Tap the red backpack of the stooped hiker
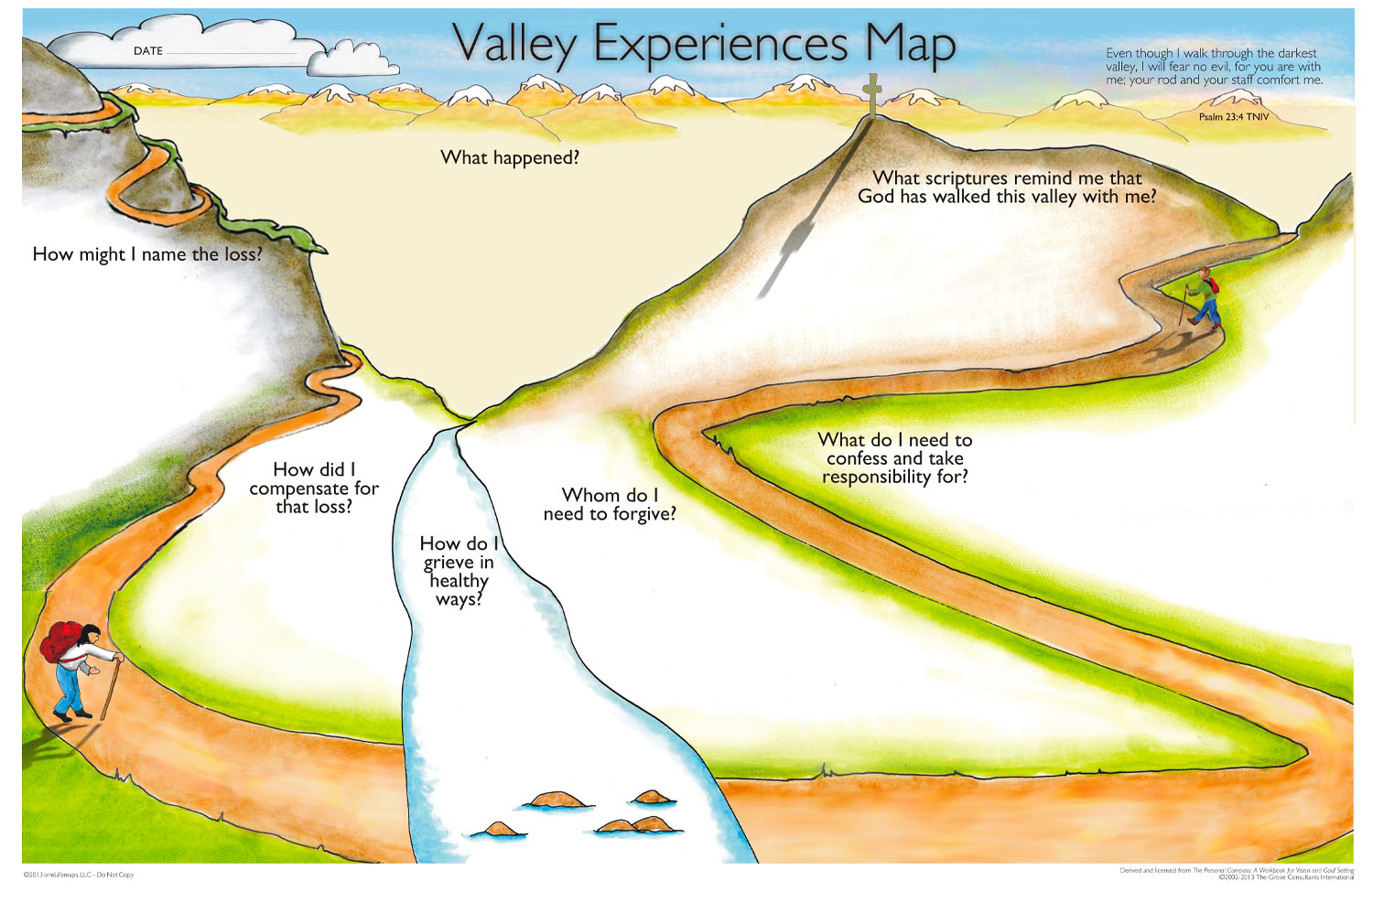click(60, 641)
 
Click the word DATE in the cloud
click(148, 51)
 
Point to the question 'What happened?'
click(510, 157)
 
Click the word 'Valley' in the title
click(515, 44)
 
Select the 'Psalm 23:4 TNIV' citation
click(1234, 117)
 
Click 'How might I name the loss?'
click(147, 254)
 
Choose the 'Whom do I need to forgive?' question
click(610, 504)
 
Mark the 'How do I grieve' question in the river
click(459, 571)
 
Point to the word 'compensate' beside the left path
click(300, 489)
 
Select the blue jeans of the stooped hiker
click(69, 687)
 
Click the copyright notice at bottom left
click(79, 875)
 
